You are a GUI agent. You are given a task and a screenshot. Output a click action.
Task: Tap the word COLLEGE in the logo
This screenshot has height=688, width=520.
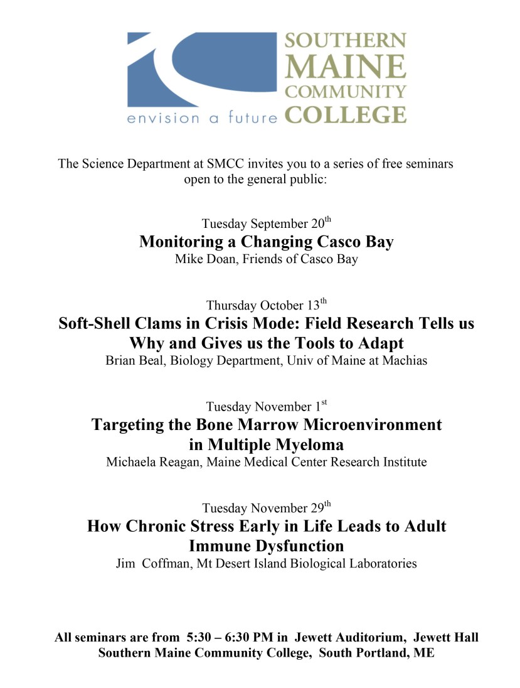pos(344,115)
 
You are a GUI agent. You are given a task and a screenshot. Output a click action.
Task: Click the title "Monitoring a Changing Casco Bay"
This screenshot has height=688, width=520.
pos(266,242)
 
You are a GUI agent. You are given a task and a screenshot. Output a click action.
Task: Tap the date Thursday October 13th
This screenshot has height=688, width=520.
pos(266,306)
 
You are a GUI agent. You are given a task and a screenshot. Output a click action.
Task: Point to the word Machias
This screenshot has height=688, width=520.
pos(404,361)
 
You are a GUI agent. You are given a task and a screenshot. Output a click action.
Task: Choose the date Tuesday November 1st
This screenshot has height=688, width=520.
pos(266,407)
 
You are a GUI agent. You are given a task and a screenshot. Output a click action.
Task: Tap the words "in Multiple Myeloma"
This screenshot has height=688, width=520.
pos(266,445)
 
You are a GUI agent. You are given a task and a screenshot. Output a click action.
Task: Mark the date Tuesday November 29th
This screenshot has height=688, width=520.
pos(266,508)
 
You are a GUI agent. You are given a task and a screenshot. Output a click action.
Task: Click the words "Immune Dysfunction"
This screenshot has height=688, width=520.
pos(266,546)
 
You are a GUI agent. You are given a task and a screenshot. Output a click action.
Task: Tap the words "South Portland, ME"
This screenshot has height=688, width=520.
pos(376,653)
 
